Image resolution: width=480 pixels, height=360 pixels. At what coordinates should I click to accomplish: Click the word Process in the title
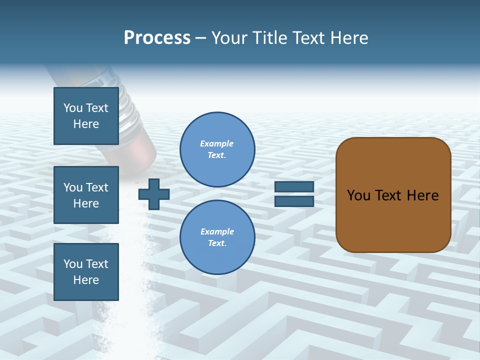(x=157, y=38)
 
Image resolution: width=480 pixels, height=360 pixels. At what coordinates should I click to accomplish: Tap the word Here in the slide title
(x=349, y=38)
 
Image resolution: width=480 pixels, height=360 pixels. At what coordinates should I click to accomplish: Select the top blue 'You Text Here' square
(x=86, y=116)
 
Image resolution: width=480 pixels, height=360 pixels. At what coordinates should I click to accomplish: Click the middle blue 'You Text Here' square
(x=86, y=195)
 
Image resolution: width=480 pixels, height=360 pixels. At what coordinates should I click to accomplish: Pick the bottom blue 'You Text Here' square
(x=86, y=272)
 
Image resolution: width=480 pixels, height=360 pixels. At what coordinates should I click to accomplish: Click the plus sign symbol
(x=154, y=194)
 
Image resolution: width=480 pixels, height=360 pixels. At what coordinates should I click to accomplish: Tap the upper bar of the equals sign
(x=294, y=186)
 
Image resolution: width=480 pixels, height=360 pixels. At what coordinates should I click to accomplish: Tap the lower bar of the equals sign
(x=294, y=201)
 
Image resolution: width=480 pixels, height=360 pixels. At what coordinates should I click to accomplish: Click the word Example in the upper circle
(x=216, y=143)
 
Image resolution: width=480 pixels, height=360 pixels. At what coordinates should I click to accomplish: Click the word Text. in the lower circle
(x=217, y=243)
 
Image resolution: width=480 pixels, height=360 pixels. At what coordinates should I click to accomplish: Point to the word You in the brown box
(x=359, y=195)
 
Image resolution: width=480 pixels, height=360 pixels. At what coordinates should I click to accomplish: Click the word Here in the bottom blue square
(x=86, y=280)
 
